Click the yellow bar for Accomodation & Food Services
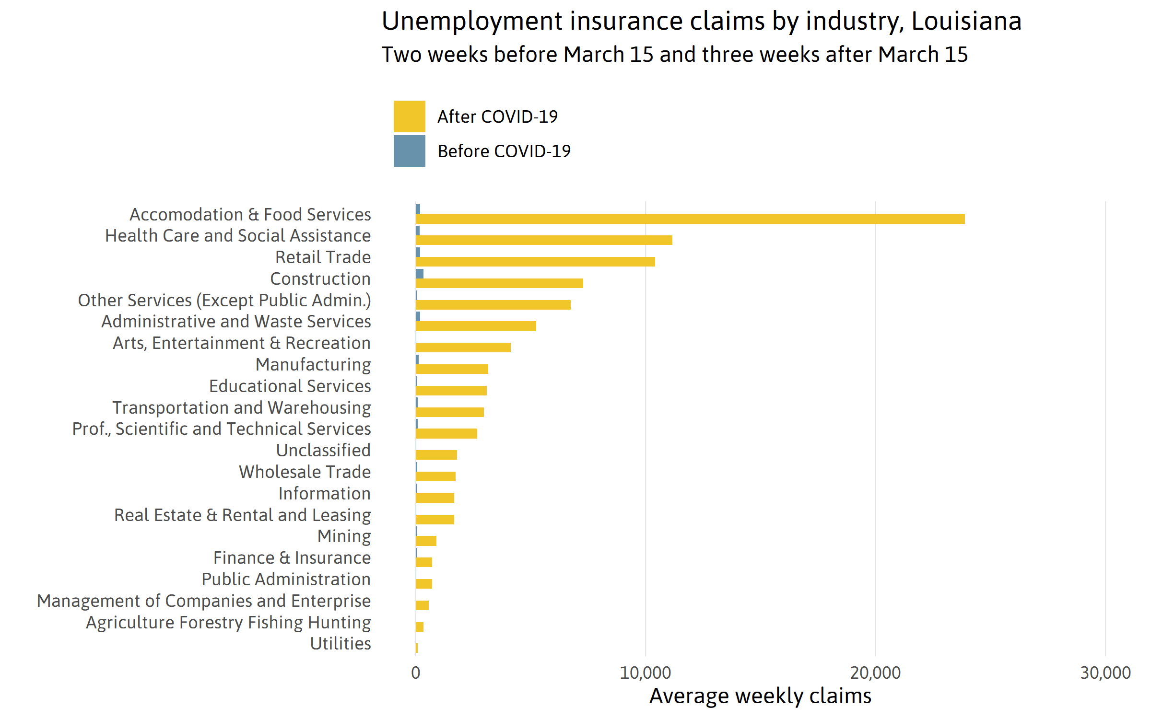pyautogui.click(x=690, y=219)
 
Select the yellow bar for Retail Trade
pyautogui.click(x=535, y=262)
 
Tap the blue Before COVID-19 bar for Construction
pyautogui.click(x=420, y=274)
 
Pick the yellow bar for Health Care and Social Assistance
pyautogui.click(x=544, y=240)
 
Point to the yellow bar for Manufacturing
pyautogui.click(x=452, y=369)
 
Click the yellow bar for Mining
pyautogui.click(x=426, y=541)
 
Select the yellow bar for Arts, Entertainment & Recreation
pyautogui.click(x=463, y=348)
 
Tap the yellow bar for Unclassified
pyautogui.click(x=436, y=455)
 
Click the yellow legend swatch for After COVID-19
pyautogui.click(x=409, y=116)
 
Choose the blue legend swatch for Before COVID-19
pyautogui.click(x=409, y=151)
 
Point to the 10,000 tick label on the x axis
pyautogui.click(x=645, y=673)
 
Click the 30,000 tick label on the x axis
pyautogui.click(x=1105, y=673)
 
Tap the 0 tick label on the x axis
pyautogui.click(x=415, y=673)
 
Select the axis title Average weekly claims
pyautogui.click(x=760, y=696)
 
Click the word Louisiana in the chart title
pyautogui.click(x=966, y=21)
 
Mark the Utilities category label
pyautogui.click(x=341, y=643)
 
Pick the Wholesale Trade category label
pyautogui.click(x=305, y=472)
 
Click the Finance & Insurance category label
pyautogui.click(x=292, y=557)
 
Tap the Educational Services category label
pyautogui.click(x=290, y=386)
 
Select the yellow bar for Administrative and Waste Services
pyautogui.click(x=476, y=326)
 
